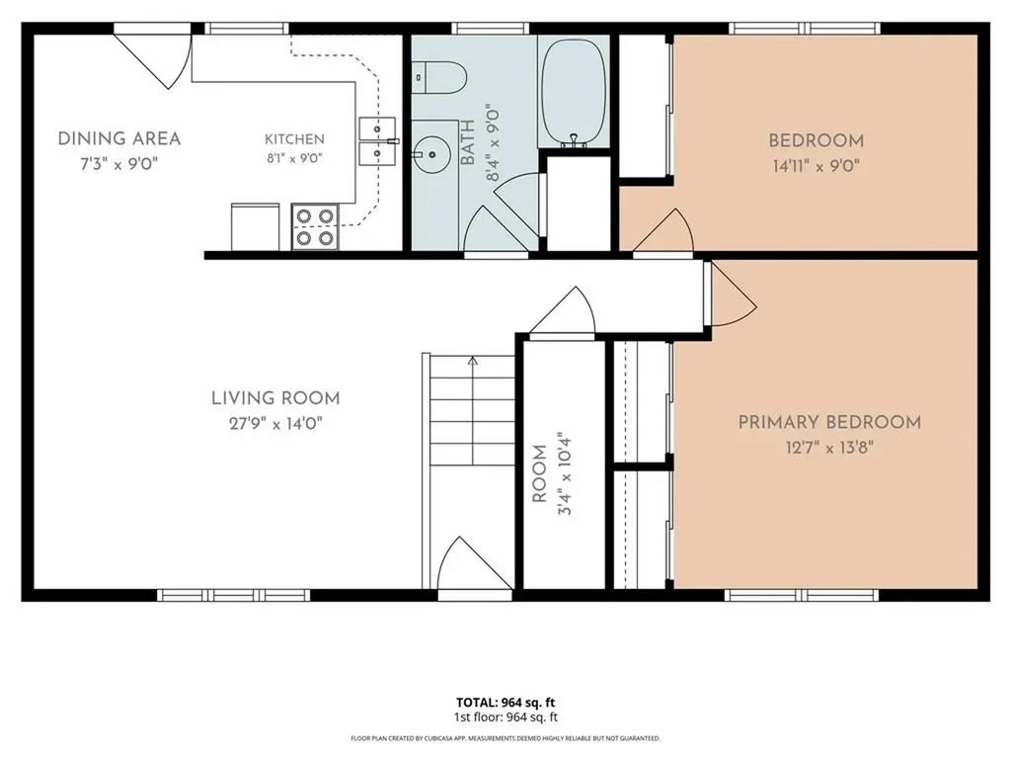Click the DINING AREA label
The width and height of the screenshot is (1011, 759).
coord(119,138)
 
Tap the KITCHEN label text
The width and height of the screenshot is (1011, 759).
coord(294,138)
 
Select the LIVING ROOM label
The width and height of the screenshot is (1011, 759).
coord(275,398)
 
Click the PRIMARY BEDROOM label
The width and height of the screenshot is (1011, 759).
coord(829,422)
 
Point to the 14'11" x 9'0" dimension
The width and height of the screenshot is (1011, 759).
coord(817,166)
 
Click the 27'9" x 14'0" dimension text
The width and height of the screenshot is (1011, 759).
coord(275,423)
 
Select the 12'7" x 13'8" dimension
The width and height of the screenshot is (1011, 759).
coord(829,448)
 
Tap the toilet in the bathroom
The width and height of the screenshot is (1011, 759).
coord(439,78)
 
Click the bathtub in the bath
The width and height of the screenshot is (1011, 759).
coord(574,91)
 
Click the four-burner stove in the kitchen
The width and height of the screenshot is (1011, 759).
coord(315,226)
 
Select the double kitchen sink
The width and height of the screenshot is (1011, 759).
coord(377,141)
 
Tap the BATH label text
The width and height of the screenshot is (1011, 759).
coord(468,142)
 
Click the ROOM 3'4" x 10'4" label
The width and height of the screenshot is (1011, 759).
coord(551,473)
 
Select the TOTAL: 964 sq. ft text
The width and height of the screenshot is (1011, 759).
coord(505,703)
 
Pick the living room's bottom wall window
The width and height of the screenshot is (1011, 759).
coord(233,595)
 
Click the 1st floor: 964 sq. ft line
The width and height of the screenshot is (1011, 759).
coord(505,717)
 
